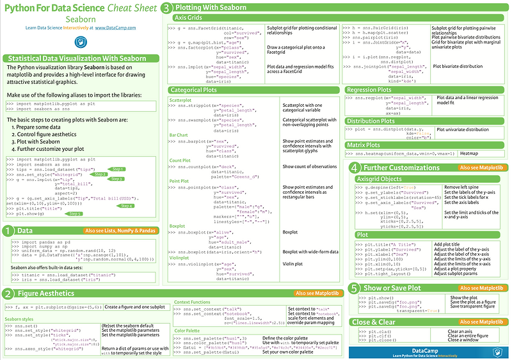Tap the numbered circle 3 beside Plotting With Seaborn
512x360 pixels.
coord(166,8)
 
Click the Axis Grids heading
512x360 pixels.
coord(191,19)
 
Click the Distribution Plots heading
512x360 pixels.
coord(378,120)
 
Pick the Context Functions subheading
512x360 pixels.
coord(192,301)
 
